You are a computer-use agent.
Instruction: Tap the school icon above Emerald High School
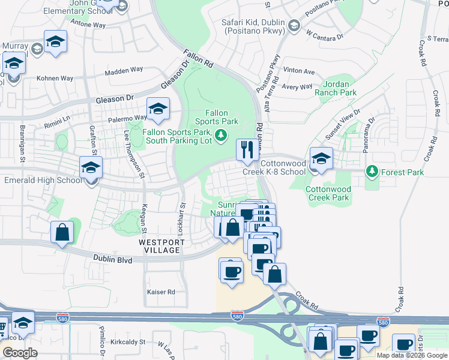(x=91, y=167)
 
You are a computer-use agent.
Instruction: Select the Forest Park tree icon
(x=372, y=172)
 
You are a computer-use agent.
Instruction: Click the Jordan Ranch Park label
(x=340, y=88)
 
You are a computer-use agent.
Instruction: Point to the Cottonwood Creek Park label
(x=327, y=193)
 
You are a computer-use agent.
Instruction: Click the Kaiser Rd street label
(x=160, y=292)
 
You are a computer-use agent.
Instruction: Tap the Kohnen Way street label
(x=55, y=79)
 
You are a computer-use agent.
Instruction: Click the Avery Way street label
(x=297, y=87)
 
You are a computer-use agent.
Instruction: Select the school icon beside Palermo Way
(x=158, y=108)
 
